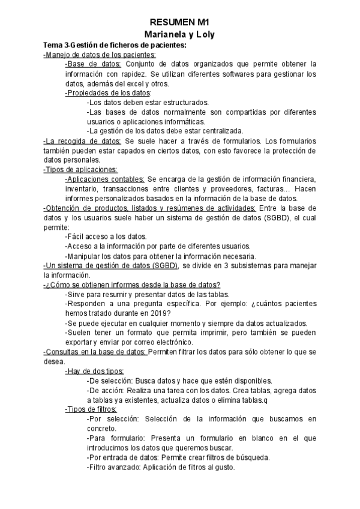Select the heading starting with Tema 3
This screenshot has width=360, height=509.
tap(115, 45)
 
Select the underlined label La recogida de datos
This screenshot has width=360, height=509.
tap(82, 140)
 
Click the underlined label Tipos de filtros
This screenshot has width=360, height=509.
tap(91, 409)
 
